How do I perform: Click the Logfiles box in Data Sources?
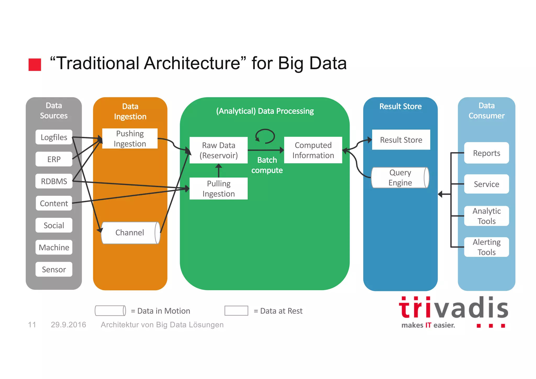click(54, 137)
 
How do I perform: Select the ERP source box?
click(54, 159)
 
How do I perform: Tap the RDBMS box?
click(54, 181)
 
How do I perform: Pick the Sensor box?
click(54, 269)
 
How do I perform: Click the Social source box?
click(54, 225)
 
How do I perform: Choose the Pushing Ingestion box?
click(130, 139)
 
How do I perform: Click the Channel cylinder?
click(130, 233)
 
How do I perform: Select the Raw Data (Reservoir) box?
click(219, 150)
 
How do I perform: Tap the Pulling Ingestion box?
click(219, 189)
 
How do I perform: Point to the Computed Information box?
click(313, 150)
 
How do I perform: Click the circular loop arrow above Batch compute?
click(265, 136)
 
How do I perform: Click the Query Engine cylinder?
click(400, 178)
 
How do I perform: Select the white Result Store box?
click(401, 140)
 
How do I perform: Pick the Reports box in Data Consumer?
click(487, 153)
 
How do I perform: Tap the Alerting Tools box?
click(487, 247)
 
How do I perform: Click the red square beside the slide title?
click(35, 64)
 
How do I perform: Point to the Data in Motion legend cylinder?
click(110, 311)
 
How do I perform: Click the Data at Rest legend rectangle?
click(236, 311)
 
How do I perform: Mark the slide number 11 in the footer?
click(32, 325)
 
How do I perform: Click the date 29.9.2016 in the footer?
click(68, 325)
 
